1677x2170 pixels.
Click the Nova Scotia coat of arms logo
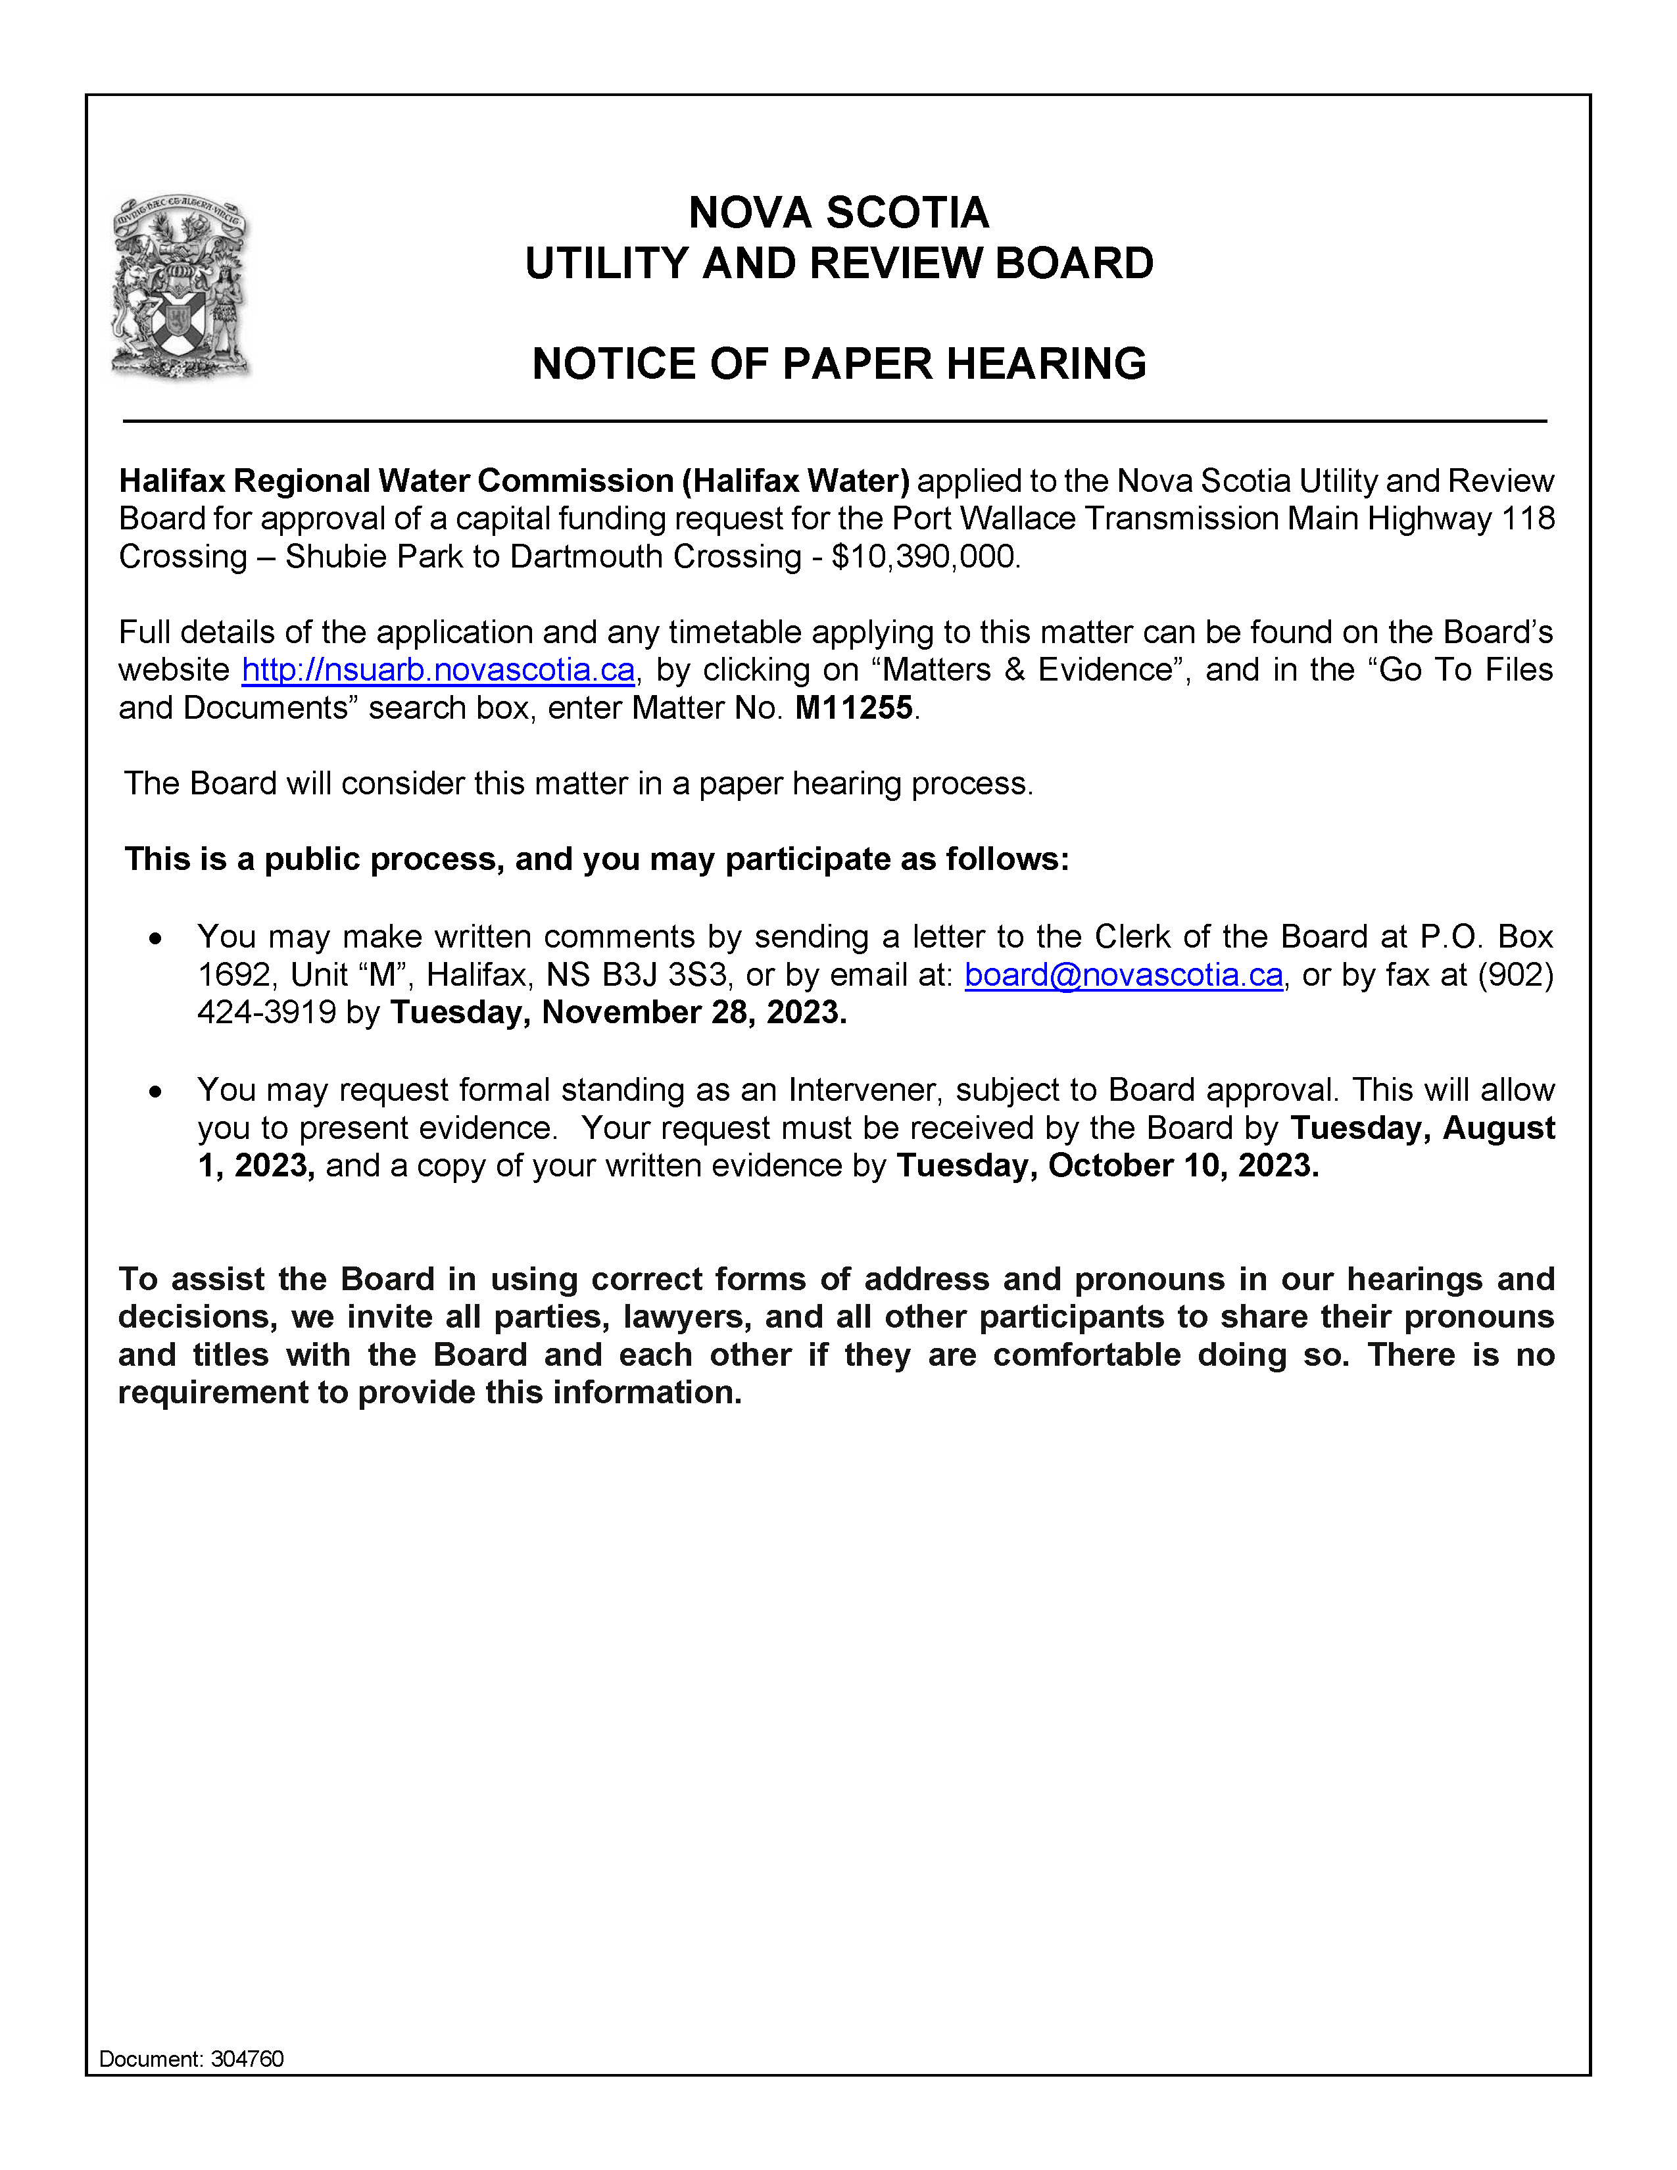click(x=181, y=286)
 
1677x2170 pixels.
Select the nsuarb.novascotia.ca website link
click(x=438, y=671)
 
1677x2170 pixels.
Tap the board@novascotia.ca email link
click(x=1124, y=976)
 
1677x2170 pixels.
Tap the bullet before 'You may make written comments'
click(x=155, y=938)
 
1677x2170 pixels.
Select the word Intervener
click(x=862, y=1091)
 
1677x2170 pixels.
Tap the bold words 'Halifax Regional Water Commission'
click(x=397, y=481)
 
